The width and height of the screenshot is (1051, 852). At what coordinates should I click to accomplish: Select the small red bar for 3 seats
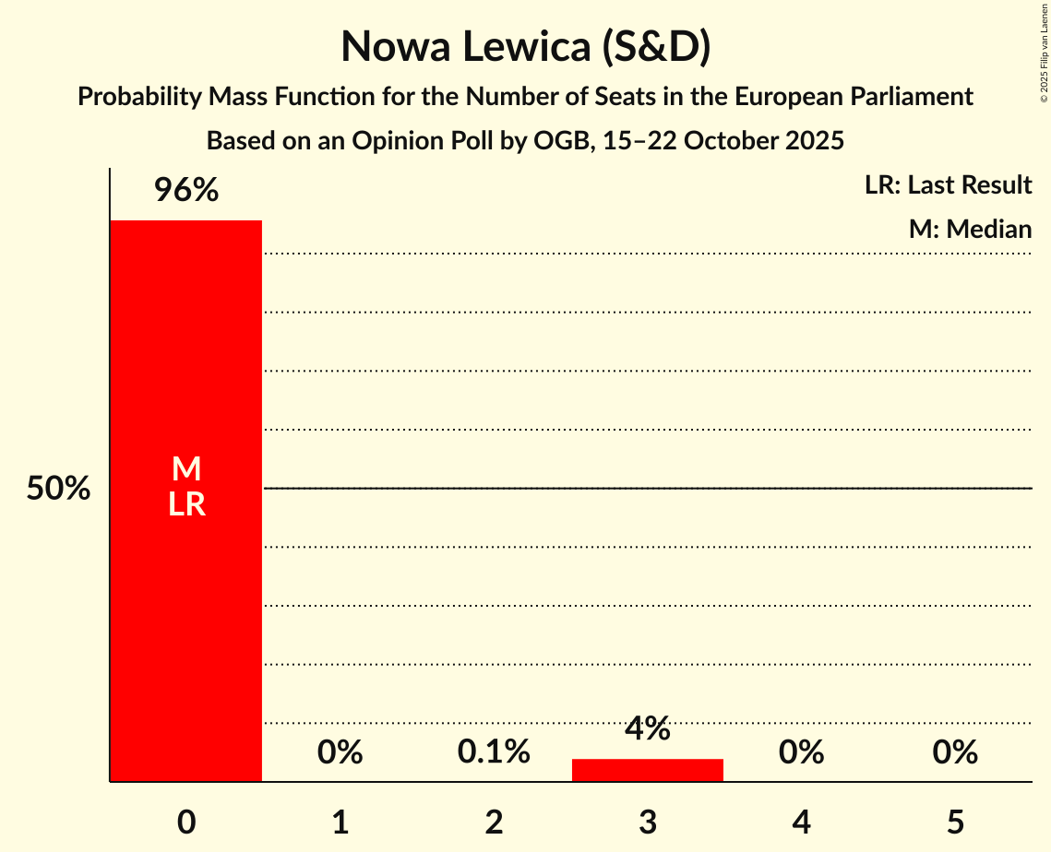click(647, 770)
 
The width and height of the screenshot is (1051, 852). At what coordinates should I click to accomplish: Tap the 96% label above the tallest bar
click(185, 191)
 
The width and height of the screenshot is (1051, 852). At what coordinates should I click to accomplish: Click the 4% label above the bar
click(647, 729)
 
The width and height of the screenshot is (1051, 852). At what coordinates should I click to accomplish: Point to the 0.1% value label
click(494, 752)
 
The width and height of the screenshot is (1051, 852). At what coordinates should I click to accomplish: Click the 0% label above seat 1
click(340, 752)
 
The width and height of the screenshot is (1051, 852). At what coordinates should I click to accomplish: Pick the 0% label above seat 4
click(801, 752)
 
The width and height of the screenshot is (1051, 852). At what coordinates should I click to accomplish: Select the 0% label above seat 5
click(955, 752)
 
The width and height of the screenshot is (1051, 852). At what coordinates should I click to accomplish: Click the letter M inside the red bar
click(186, 469)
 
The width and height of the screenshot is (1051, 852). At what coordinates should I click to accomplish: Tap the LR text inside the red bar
click(186, 504)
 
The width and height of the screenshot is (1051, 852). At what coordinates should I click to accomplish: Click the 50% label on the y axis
click(58, 489)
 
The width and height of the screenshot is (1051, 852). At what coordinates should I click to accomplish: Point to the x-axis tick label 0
click(186, 822)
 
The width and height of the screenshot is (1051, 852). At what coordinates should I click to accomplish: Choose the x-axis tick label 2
click(494, 822)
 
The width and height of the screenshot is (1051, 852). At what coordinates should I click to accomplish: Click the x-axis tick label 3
click(648, 822)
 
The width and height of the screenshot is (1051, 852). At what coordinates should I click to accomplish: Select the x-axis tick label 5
click(955, 822)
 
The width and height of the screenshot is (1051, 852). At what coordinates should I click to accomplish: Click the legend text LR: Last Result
click(948, 185)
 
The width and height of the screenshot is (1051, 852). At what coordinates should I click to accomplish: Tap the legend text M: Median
click(970, 229)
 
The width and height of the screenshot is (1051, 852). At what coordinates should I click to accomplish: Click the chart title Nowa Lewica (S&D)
click(525, 47)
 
